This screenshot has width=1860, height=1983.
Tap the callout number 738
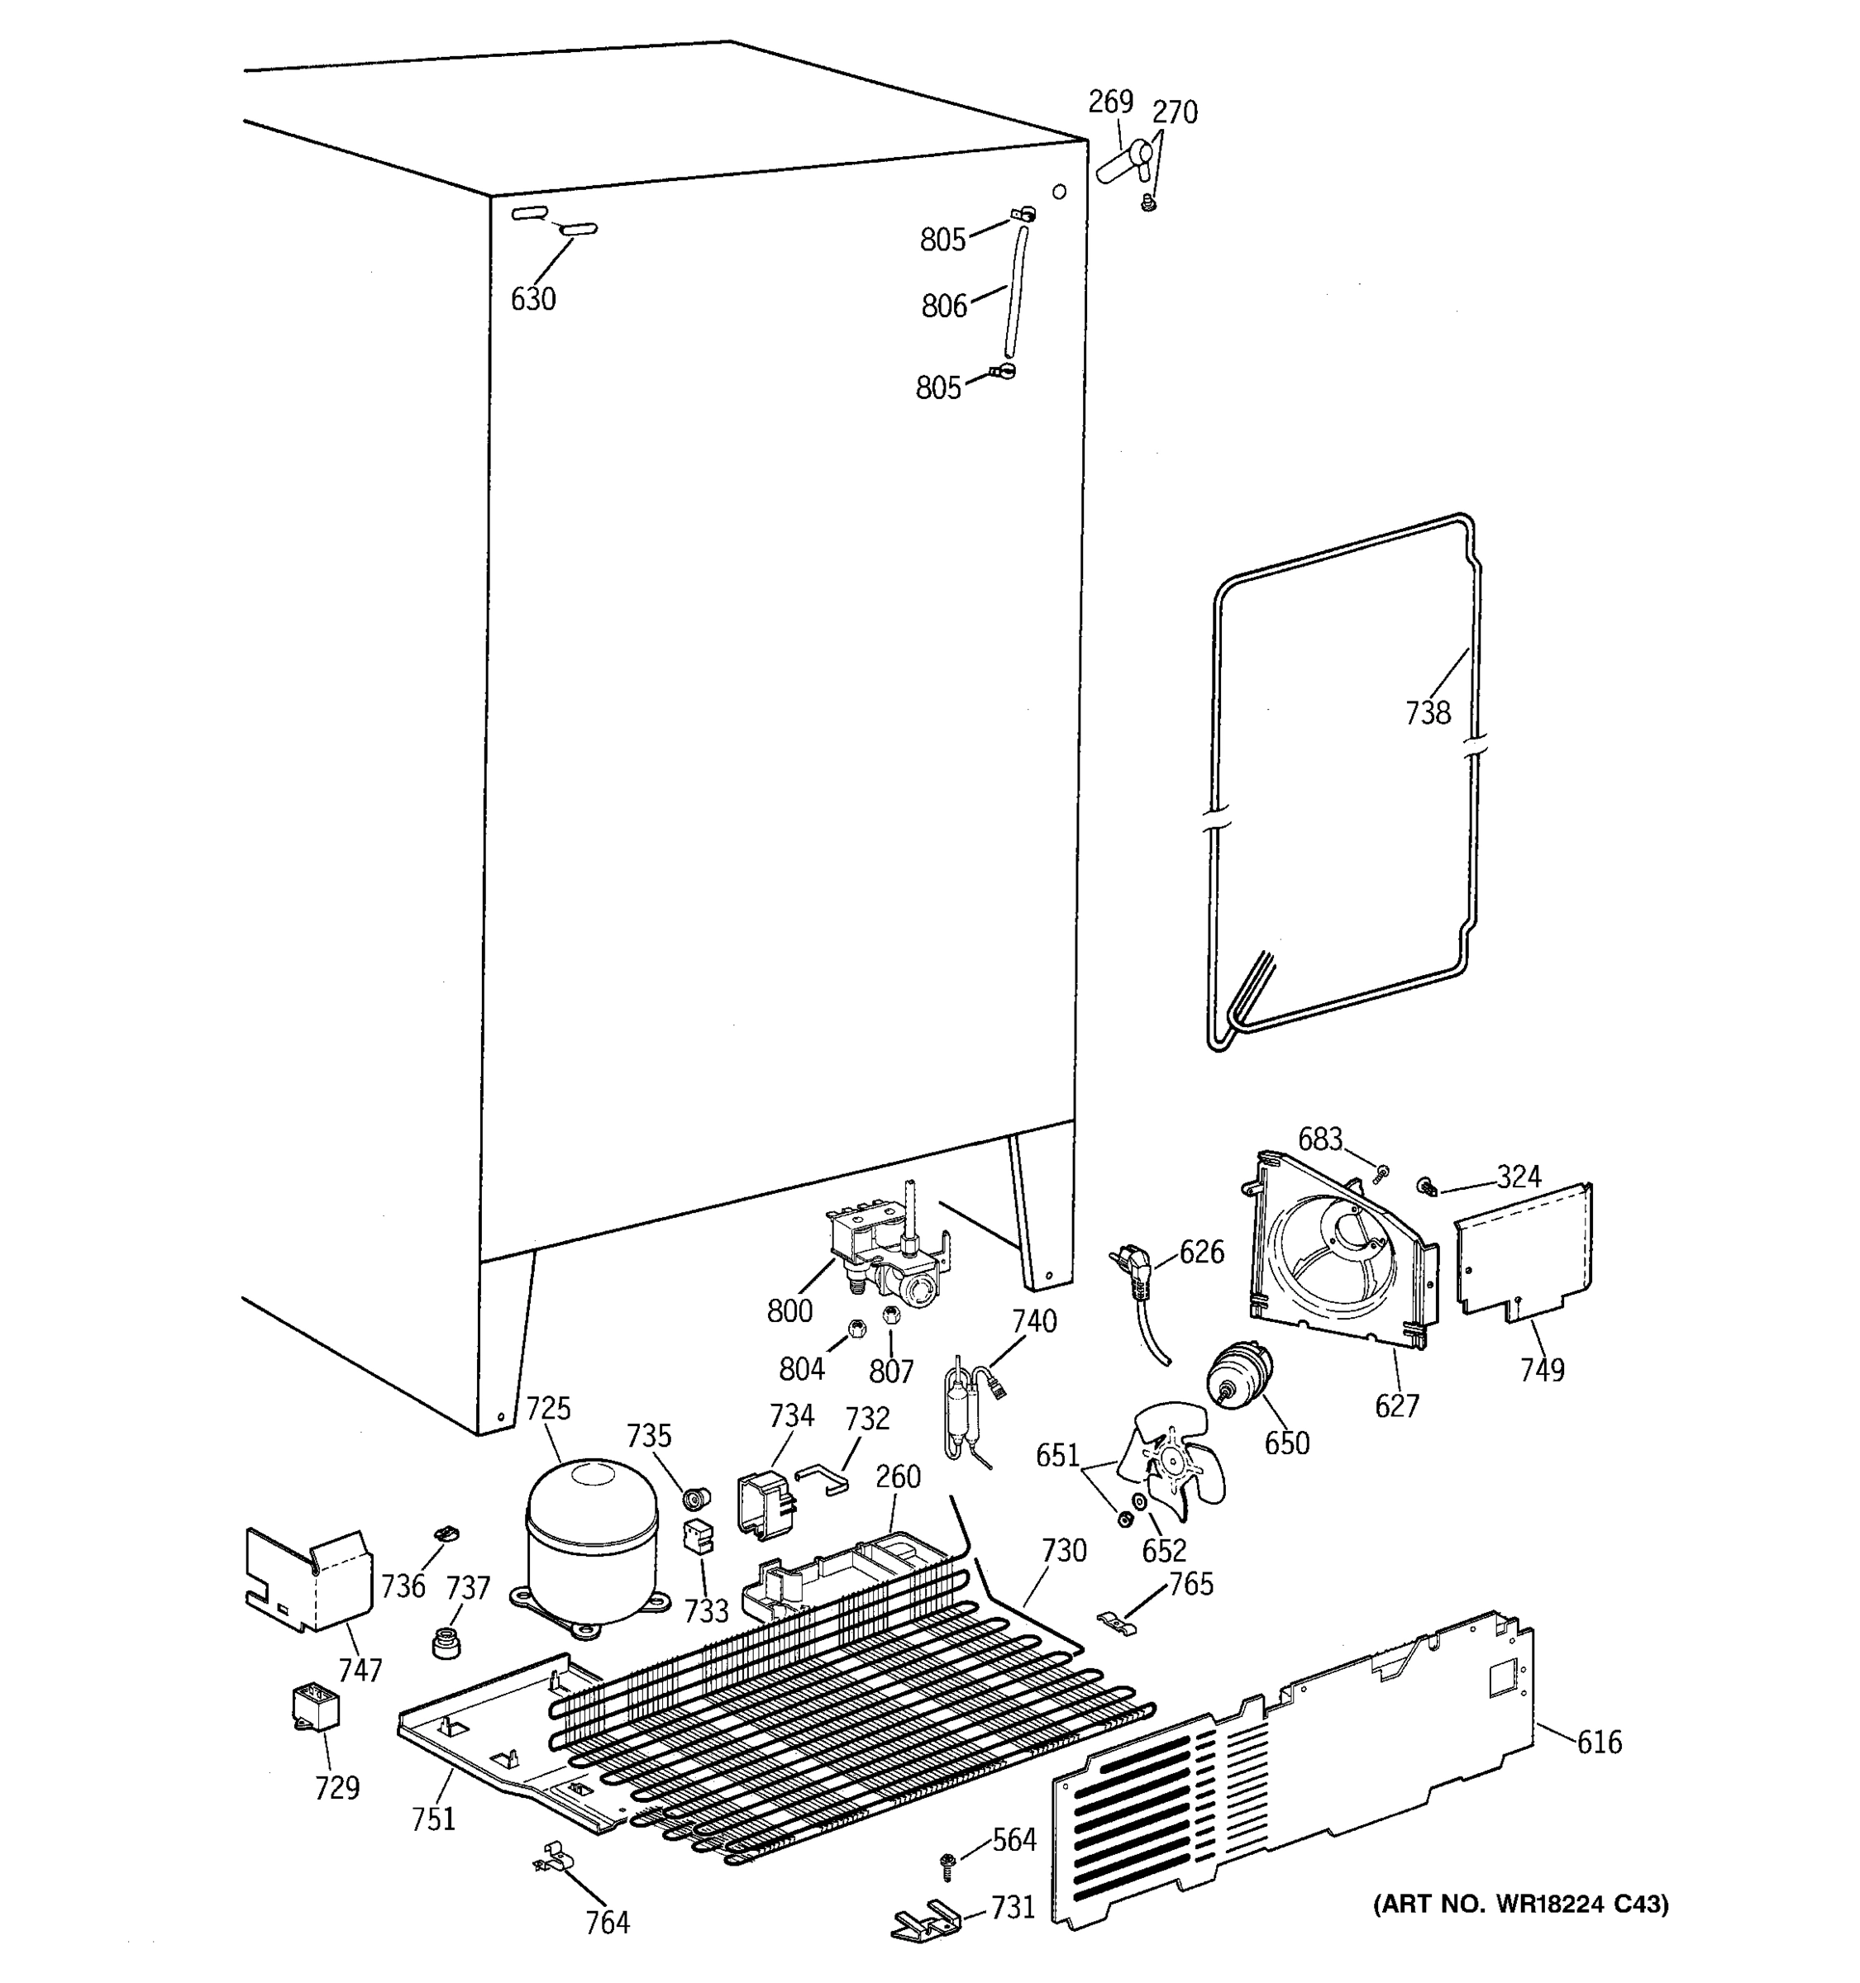(1427, 712)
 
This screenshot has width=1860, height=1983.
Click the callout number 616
(1599, 1742)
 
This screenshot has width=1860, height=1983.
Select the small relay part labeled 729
(313, 1708)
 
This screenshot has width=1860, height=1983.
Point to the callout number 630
(533, 298)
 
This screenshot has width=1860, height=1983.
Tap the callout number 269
(1109, 102)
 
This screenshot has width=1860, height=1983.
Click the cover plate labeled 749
(1523, 1256)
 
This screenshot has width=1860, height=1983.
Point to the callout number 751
(433, 1819)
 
